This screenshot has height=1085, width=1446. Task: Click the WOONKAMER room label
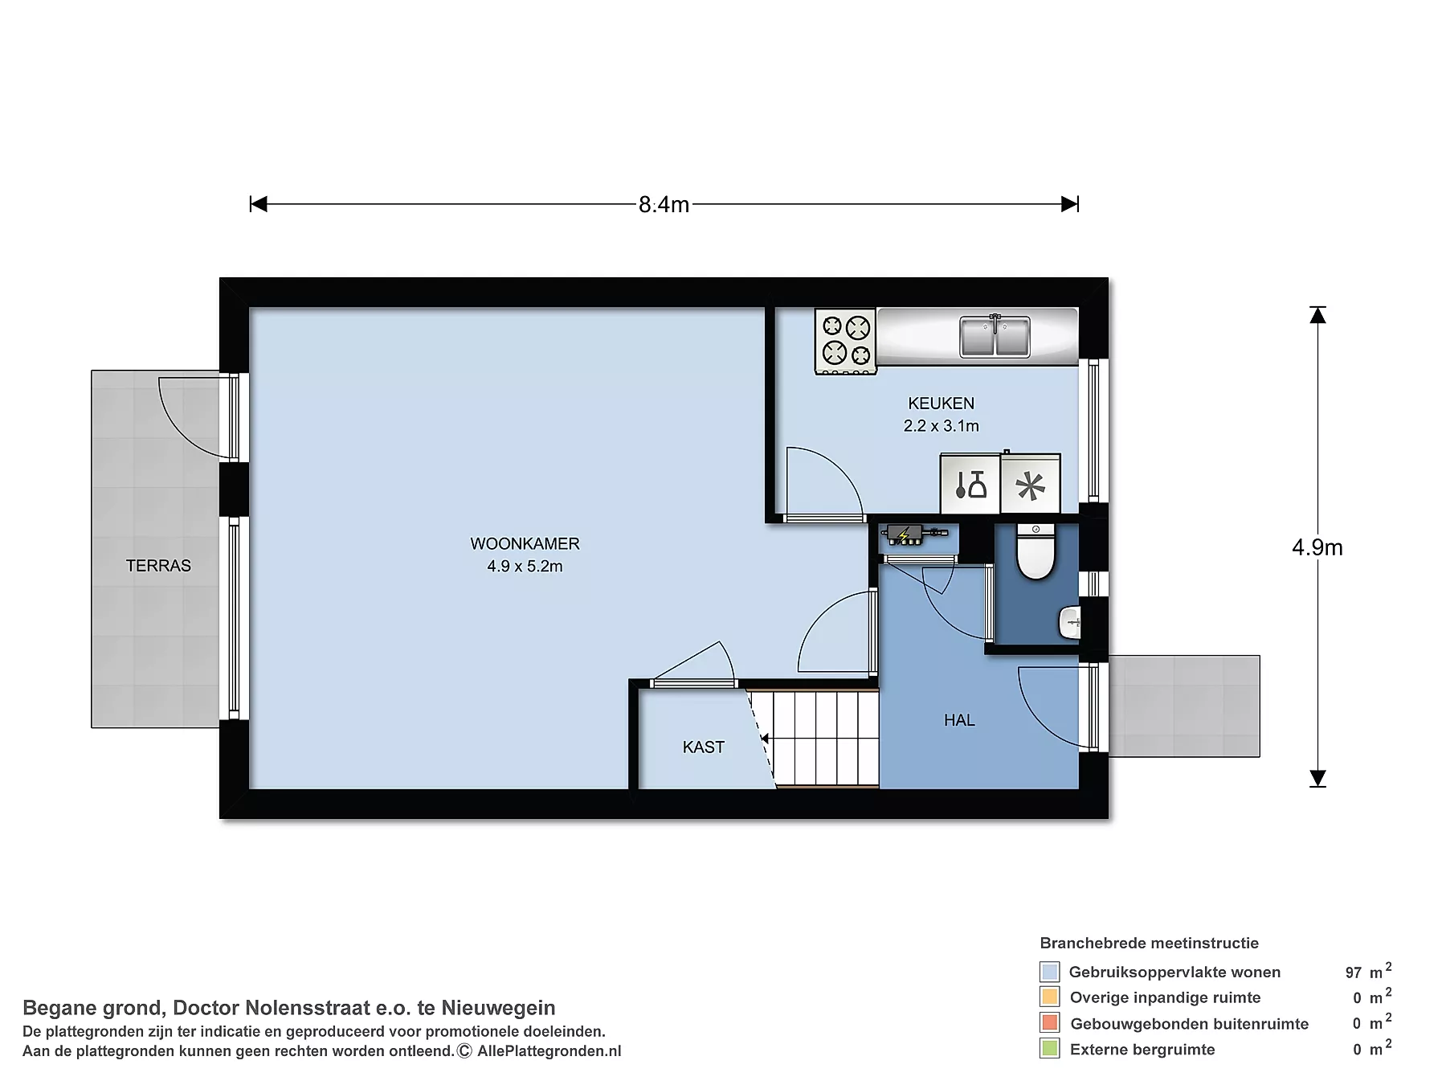pyautogui.click(x=525, y=544)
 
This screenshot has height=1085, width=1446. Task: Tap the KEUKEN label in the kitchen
pyautogui.click(x=941, y=403)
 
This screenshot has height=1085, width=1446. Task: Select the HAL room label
pyautogui.click(x=959, y=720)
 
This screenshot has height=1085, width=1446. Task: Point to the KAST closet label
pyautogui.click(x=703, y=747)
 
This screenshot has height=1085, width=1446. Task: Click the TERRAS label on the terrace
pyautogui.click(x=158, y=566)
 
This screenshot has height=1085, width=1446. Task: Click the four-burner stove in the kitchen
pyautogui.click(x=845, y=342)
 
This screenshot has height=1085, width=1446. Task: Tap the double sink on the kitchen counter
pyautogui.click(x=995, y=336)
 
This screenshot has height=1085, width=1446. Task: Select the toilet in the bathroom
pyautogui.click(x=1035, y=551)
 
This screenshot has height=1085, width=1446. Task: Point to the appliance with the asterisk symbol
pyautogui.click(x=1031, y=485)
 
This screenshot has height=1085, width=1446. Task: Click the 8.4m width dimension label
pyautogui.click(x=664, y=205)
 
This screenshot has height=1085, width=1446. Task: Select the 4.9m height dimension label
pyautogui.click(x=1317, y=547)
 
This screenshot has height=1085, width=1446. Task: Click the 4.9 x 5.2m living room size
pyautogui.click(x=525, y=567)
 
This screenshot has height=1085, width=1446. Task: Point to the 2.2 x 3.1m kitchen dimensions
pyautogui.click(x=941, y=426)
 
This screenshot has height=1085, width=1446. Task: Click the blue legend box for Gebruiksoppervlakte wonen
pyautogui.click(x=1049, y=972)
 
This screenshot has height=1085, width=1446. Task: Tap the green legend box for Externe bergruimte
pyautogui.click(x=1049, y=1049)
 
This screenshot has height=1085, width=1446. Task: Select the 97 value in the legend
pyautogui.click(x=1354, y=972)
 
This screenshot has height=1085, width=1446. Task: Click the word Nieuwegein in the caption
pyautogui.click(x=498, y=1008)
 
